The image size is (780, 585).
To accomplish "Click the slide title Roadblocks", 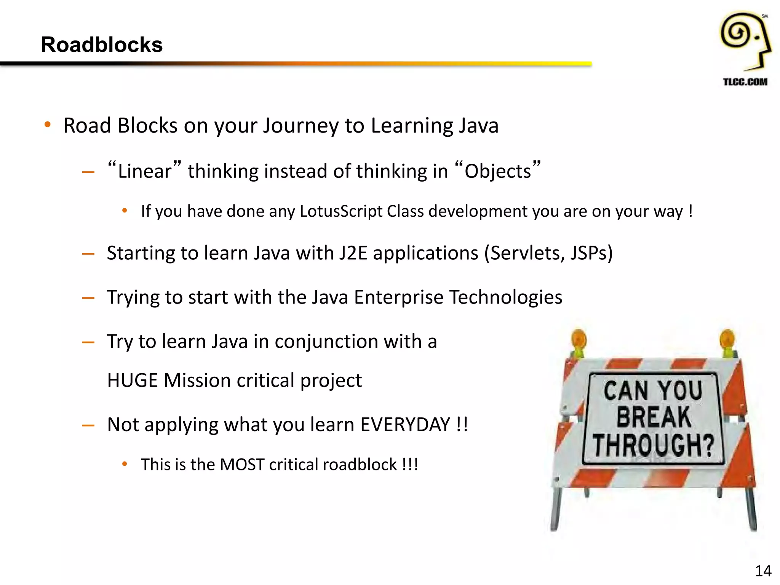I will (x=101, y=45).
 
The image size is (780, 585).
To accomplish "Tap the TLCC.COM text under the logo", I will (x=745, y=82).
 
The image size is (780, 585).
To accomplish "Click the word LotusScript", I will (x=341, y=211).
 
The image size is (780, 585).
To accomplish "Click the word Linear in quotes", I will (x=144, y=171).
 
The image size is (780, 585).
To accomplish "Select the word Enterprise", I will (x=398, y=297).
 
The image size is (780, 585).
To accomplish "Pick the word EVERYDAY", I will (x=405, y=425).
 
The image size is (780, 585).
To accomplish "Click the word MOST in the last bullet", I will (x=242, y=465).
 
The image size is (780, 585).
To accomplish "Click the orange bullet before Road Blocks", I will (x=48, y=125).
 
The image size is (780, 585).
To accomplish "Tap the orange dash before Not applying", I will (x=88, y=425).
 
